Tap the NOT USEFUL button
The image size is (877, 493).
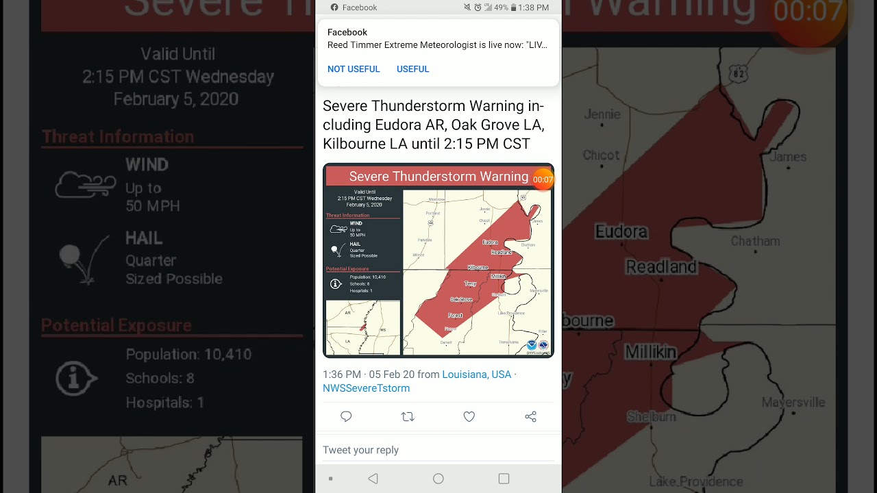(354, 69)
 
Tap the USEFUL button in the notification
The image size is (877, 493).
(412, 69)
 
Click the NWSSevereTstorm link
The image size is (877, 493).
(367, 388)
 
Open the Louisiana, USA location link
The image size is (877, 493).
(477, 375)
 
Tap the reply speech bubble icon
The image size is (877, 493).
(346, 416)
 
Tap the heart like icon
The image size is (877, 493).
(469, 416)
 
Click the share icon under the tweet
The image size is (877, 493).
(530, 416)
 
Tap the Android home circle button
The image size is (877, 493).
(438, 479)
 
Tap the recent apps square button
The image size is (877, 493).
(504, 479)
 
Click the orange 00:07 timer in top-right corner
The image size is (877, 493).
(808, 12)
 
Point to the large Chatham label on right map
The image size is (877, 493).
(755, 241)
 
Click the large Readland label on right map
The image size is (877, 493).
(661, 266)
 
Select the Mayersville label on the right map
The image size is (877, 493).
(793, 402)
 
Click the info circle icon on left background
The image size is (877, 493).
(76, 377)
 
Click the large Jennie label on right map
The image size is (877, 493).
(602, 114)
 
